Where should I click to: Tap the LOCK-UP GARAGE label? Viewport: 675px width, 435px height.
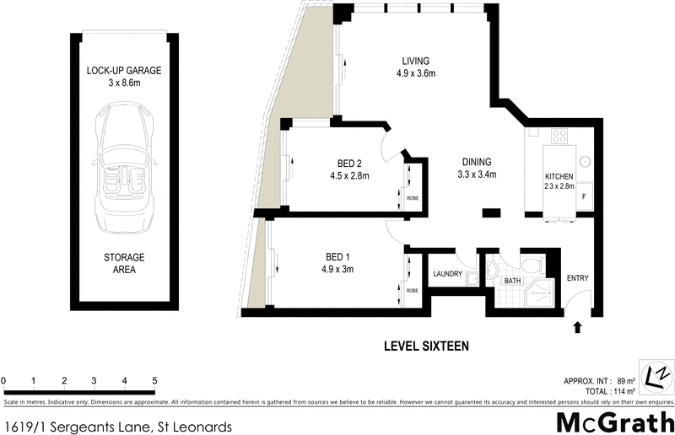(124, 71)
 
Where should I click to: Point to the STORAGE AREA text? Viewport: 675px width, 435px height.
(124, 264)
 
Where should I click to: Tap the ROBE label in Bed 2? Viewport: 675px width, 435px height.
(413, 199)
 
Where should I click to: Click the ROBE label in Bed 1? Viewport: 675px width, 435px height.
(413, 291)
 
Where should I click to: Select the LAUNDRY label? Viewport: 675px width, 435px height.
(448, 274)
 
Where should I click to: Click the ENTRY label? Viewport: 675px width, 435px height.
(578, 278)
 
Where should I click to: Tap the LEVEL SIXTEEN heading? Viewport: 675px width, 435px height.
(426, 346)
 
